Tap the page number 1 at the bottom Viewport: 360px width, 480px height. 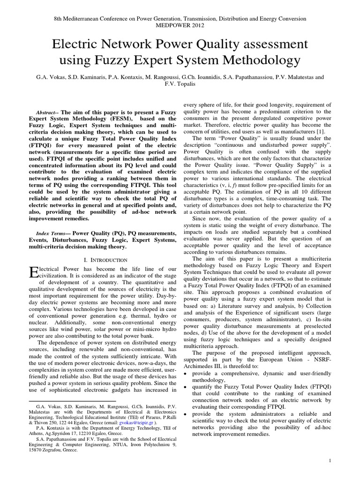tap(330, 461)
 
